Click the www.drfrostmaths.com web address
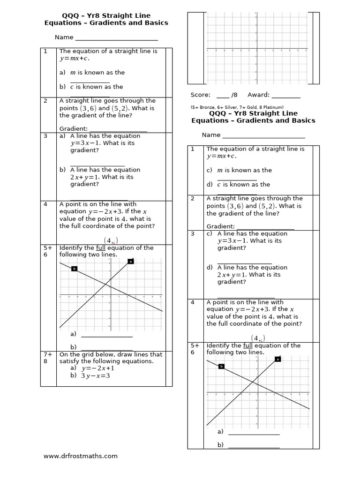pyautogui.click(x=80, y=456)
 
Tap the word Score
pyautogui.click(x=201, y=95)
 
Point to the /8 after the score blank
pyautogui.click(x=234, y=95)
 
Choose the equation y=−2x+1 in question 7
pyautogui.click(x=99, y=368)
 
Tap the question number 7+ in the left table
pyautogui.click(x=48, y=354)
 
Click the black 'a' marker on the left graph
pyautogui.click(x=131, y=261)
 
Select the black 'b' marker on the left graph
pyautogui.click(x=74, y=268)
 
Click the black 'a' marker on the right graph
pyautogui.click(x=277, y=359)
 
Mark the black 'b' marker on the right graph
pyautogui.click(x=221, y=366)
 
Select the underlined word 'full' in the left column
pyautogui.click(x=100, y=248)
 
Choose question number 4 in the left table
pyautogui.click(x=45, y=204)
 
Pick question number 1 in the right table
pyautogui.click(x=192, y=149)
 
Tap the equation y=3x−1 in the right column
pyautogui.click(x=235, y=241)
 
